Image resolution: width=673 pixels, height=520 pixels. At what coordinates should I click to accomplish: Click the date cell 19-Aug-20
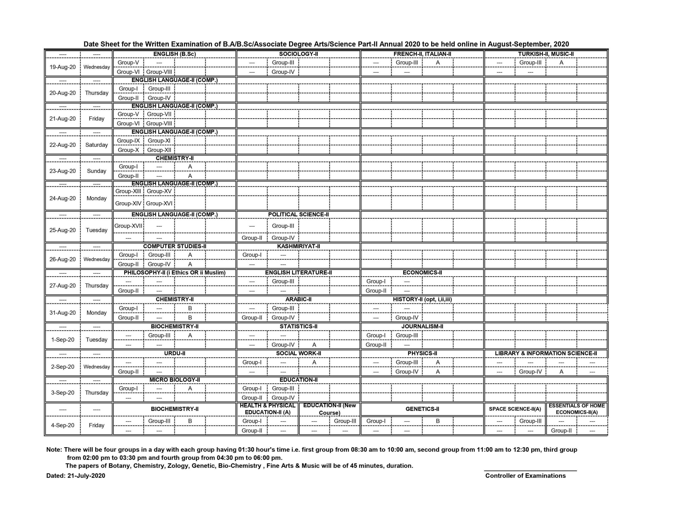click(63, 67)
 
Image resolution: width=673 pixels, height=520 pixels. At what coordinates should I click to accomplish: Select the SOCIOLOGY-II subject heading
click(298, 54)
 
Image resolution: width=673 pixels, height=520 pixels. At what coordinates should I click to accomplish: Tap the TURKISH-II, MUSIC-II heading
click(546, 54)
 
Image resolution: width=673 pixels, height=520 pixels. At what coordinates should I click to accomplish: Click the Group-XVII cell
click(128, 226)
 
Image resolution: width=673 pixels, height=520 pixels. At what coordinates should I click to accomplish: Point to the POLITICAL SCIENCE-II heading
click(298, 215)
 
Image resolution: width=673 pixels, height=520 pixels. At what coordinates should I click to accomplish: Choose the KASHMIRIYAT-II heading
click(298, 246)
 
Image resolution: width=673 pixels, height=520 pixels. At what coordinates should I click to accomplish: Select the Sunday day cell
click(96, 171)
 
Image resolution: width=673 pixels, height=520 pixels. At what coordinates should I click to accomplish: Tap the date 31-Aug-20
click(63, 313)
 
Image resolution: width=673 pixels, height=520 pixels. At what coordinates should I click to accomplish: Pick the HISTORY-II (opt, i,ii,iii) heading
click(422, 299)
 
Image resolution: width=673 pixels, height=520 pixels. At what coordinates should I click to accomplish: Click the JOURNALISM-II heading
click(422, 327)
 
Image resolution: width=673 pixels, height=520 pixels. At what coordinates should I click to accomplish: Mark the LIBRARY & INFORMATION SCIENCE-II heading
click(546, 353)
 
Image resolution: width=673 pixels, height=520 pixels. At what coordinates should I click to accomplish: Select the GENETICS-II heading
click(422, 409)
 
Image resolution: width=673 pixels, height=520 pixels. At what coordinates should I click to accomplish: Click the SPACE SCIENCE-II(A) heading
click(515, 409)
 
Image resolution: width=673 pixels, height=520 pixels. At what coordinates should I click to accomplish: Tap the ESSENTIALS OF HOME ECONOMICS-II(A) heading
click(577, 409)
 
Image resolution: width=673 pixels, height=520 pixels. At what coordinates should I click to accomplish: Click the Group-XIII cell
click(128, 191)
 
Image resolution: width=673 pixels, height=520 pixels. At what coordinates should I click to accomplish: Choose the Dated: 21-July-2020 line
click(75, 476)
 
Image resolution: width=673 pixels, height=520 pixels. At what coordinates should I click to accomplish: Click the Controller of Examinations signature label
click(526, 476)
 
